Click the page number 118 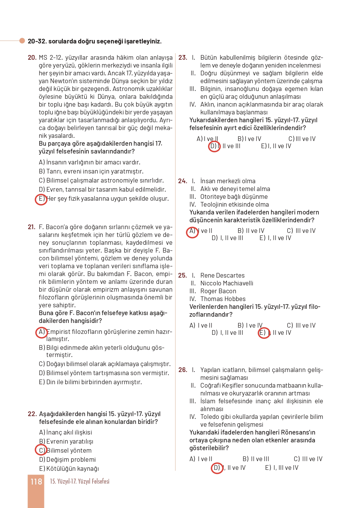click(x=36, y=482)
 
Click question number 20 click(x=32, y=58)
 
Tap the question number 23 click(x=183, y=58)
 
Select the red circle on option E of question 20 click(x=41, y=199)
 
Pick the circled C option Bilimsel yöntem click(x=41, y=450)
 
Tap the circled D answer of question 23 click(x=214, y=146)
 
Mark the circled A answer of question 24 click(x=192, y=232)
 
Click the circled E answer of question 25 click(x=263, y=333)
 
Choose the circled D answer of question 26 click(x=217, y=468)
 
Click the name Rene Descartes click(x=222, y=275)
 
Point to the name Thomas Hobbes click(x=223, y=299)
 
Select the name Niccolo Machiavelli click(x=227, y=283)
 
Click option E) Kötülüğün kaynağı click(x=69, y=469)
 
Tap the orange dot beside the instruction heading click(x=22, y=41)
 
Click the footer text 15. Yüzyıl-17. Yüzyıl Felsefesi click(x=80, y=481)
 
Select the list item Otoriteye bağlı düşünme click(x=234, y=197)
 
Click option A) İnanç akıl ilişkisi click(x=66, y=432)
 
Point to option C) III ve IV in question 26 click(x=308, y=459)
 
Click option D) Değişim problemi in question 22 click(x=67, y=460)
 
